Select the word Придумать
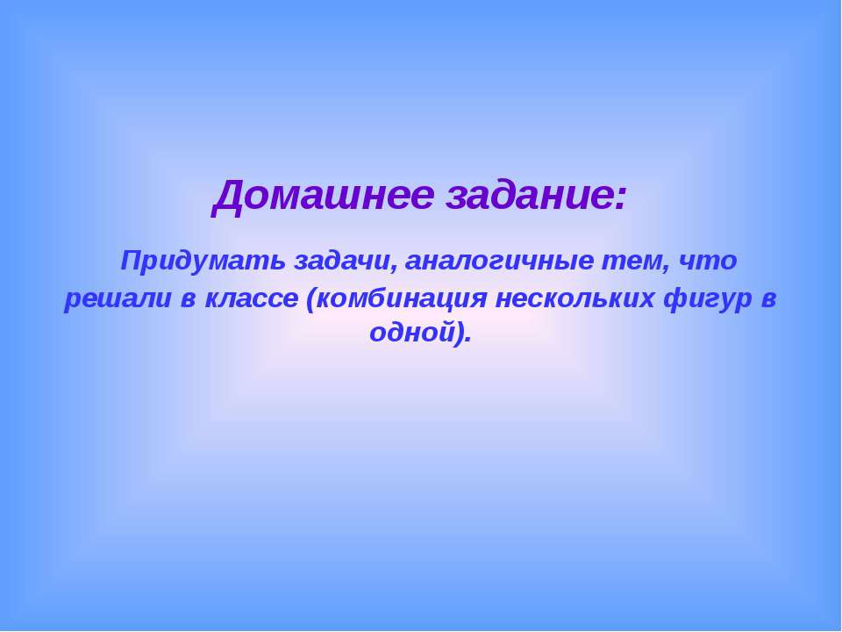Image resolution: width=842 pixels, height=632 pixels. [203, 261]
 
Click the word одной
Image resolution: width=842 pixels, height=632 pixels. [413, 334]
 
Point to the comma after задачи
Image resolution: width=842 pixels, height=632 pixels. [396, 267]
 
